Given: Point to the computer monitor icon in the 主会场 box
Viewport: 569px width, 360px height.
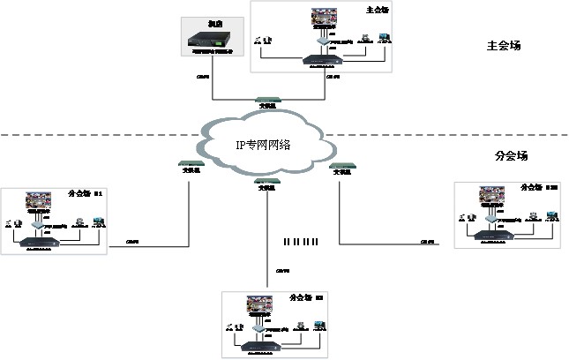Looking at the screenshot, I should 384,39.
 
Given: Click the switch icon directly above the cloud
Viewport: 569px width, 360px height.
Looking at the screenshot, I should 266,100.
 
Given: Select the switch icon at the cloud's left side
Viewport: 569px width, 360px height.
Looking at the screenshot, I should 186,164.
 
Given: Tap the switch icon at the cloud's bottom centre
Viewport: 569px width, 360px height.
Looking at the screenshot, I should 266,181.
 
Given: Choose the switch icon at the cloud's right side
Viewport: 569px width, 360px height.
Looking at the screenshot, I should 341,165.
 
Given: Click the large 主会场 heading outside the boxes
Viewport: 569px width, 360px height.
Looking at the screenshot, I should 504,46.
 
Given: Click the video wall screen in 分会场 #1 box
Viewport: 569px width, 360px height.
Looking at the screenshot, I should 40,200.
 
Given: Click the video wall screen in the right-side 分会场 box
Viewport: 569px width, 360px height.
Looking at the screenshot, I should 492,195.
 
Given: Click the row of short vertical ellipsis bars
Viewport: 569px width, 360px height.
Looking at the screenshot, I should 300,241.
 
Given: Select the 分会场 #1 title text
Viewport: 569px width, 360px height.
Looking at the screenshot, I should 86,193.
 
